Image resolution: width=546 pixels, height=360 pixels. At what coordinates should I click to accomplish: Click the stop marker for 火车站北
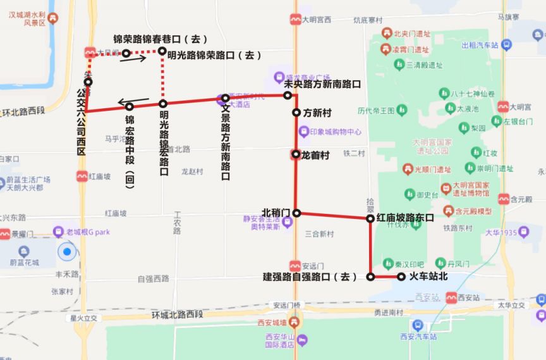[x=401, y=276]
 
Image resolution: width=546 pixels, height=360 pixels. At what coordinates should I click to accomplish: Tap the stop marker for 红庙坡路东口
[x=371, y=218]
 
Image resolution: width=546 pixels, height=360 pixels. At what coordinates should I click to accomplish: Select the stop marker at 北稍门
[x=296, y=213]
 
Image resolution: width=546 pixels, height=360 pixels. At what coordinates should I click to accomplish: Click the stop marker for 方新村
[x=296, y=113]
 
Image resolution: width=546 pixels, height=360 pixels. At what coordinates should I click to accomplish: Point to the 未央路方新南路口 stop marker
[x=288, y=96]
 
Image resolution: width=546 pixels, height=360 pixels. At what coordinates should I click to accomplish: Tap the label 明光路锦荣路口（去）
[x=214, y=56]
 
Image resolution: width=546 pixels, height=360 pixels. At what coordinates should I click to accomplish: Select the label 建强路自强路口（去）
[x=310, y=277]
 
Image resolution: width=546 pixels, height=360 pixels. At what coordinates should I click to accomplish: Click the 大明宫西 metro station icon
[x=295, y=20]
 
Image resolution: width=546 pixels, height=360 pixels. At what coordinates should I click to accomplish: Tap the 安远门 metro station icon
[x=295, y=266]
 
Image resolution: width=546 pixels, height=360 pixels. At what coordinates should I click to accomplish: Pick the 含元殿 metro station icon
[x=504, y=199]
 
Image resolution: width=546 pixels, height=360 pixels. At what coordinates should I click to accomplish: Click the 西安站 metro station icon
[x=451, y=297]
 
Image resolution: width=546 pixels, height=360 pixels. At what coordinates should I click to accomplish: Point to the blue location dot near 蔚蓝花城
[x=66, y=252]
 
